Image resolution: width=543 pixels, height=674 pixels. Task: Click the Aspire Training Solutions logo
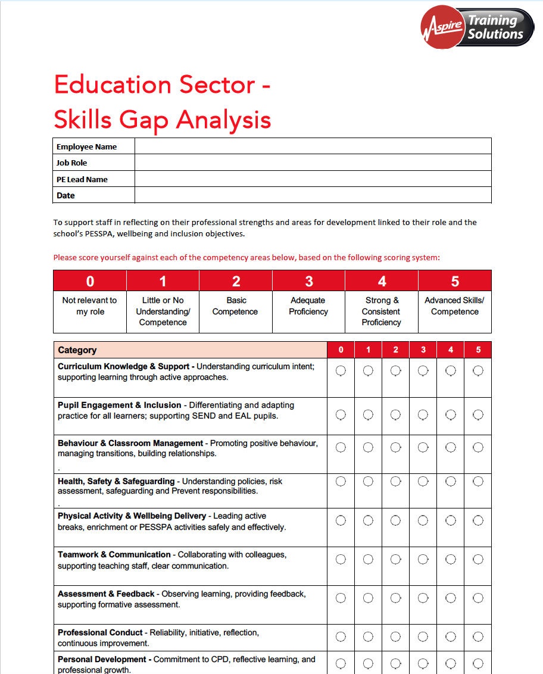pos(477,27)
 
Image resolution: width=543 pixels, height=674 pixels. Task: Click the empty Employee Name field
pos(313,146)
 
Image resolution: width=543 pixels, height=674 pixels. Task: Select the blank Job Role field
pos(313,163)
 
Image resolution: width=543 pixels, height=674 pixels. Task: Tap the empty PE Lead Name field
pos(313,179)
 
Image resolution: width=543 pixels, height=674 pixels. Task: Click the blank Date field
pos(313,195)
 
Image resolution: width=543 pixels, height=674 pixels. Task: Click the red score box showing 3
pos(308,281)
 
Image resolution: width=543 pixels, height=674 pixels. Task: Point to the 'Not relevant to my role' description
pos(90,306)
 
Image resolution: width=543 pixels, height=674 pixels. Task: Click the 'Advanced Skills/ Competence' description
pos(454,306)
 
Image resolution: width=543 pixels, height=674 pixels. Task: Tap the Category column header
pos(77,350)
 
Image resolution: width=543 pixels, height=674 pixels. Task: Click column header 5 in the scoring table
pos(478,350)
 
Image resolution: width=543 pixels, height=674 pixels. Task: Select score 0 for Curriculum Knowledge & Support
pos(341,371)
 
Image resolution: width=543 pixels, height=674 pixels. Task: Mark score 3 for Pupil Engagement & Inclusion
pos(423,414)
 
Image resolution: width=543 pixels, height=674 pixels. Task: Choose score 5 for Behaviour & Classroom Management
pos(478,447)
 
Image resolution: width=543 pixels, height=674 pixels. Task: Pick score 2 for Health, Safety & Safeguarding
pos(395,482)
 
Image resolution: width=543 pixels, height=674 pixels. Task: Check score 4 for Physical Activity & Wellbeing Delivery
pos(451,521)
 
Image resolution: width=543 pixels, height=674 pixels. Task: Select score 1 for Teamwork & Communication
pos(368,559)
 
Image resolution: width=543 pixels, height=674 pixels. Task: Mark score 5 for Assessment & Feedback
pos(478,598)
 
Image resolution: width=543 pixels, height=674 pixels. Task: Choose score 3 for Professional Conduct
pos(423,637)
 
